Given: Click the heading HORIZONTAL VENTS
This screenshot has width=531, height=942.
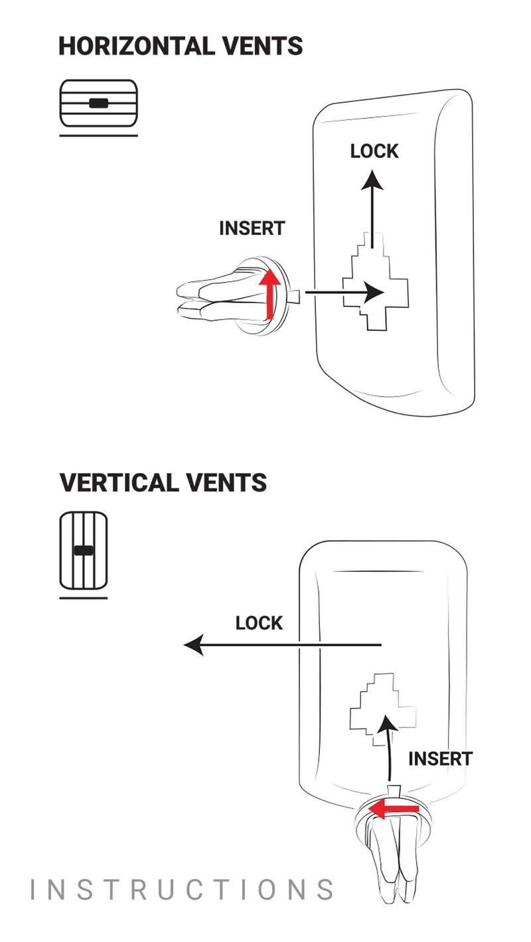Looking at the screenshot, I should point(181,46).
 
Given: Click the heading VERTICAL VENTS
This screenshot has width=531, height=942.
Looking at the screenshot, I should point(163,482).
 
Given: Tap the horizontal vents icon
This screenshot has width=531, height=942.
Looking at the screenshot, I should point(98,103).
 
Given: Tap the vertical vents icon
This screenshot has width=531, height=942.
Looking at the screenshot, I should point(83,551).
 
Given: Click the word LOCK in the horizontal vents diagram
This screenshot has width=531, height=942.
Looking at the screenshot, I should point(374,151).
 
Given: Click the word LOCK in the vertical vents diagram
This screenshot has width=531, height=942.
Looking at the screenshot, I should point(259,623).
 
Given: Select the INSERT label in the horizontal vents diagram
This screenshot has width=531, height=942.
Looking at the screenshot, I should point(252,228).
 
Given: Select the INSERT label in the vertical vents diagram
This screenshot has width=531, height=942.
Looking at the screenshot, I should point(440,758).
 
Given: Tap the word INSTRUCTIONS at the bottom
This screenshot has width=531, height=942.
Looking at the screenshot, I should point(183,890).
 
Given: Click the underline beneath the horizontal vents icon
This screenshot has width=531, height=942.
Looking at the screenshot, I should point(98,136).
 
